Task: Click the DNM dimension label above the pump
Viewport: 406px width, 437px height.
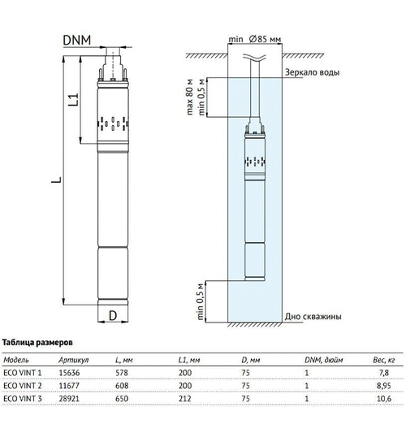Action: click(77, 40)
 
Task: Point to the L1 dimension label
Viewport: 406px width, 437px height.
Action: click(74, 100)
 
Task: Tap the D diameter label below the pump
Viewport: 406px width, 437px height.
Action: click(113, 316)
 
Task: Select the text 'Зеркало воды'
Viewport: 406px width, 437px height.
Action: click(312, 72)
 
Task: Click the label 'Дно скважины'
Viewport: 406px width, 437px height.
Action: click(313, 317)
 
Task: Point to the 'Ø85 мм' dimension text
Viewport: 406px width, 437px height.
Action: click(265, 39)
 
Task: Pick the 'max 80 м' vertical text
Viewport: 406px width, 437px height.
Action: click(189, 97)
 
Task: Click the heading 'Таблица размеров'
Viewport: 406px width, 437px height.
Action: click(37, 343)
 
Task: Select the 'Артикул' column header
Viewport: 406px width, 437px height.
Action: click(74, 360)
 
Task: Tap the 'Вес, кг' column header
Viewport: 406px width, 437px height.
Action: click(384, 360)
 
